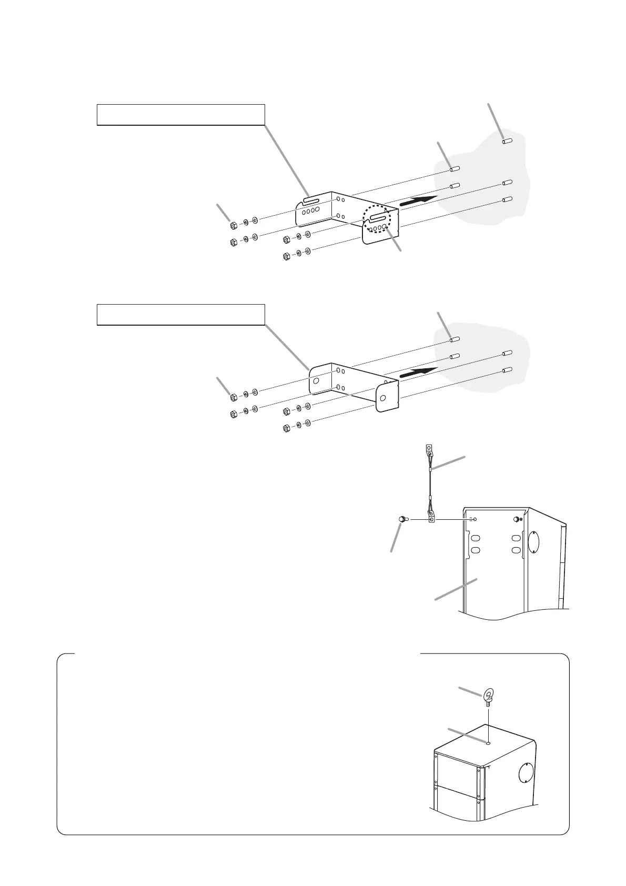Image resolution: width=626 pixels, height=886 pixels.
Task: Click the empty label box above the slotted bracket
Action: click(180, 115)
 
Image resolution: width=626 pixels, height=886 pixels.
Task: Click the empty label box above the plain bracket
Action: click(180, 315)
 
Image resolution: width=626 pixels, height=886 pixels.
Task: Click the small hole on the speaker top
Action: click(489, 743)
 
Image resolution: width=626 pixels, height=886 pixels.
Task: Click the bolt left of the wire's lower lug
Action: click(402, 519)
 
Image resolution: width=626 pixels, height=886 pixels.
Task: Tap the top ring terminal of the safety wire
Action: click(429, 450)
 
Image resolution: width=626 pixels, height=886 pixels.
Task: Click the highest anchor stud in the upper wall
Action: click(507, 141)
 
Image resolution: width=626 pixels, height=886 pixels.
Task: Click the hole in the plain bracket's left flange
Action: click(316, 380)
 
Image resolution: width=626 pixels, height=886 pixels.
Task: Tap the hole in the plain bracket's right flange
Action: click(383, 398)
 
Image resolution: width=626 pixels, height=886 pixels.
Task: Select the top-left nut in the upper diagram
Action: click(233, 226)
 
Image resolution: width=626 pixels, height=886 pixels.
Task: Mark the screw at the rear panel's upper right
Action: click(519, 519)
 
